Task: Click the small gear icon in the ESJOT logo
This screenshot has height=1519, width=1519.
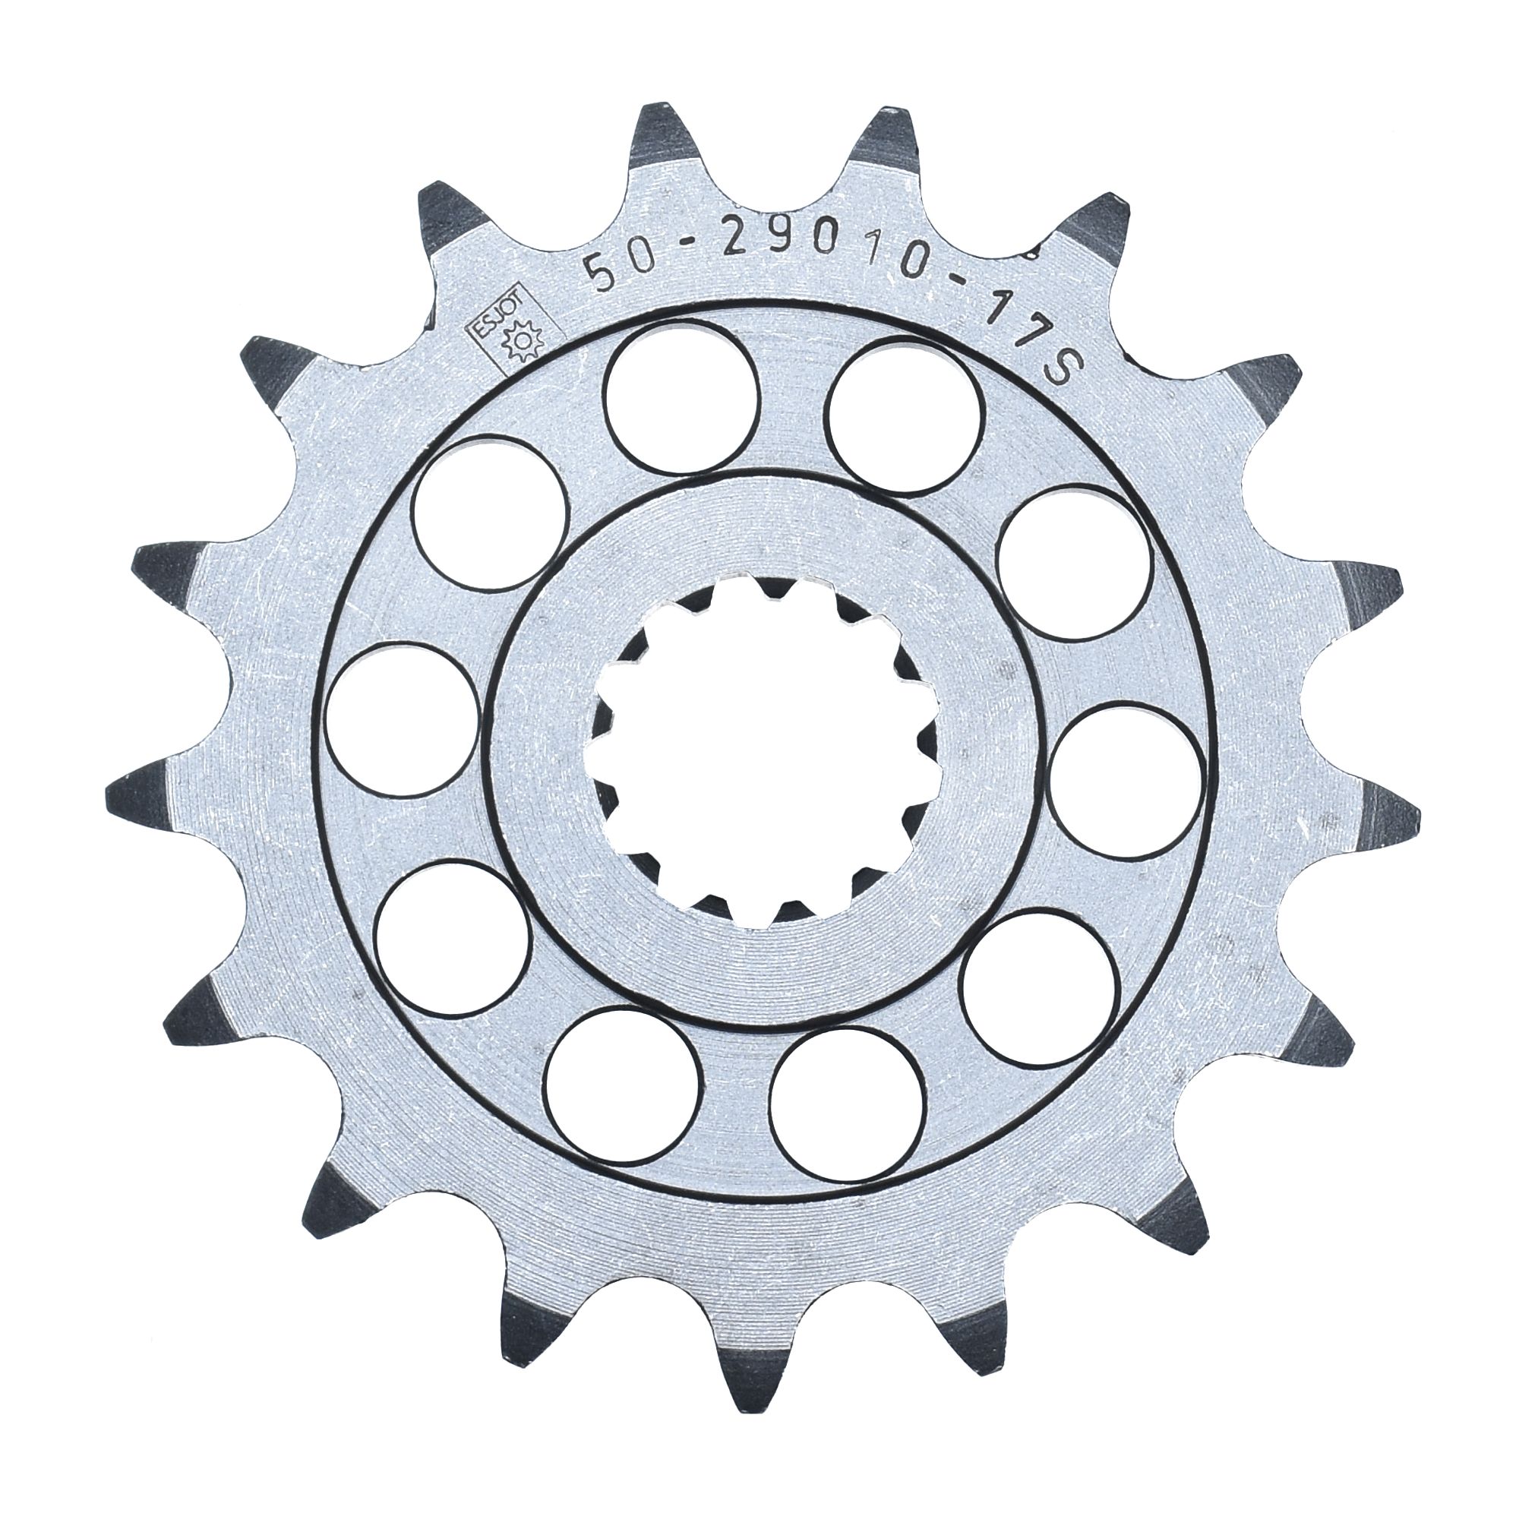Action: [x=522, y=342]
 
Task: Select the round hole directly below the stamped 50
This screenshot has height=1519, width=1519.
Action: [x=684, y=401]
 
